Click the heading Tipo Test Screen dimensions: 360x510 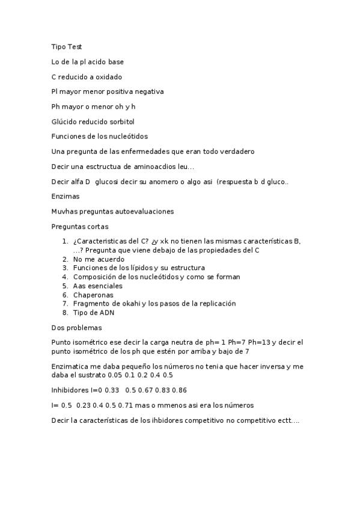click(x=67, y=46)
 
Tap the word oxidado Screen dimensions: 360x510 click(x=109, y=76)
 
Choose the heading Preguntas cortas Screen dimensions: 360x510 click(x=80, y=226)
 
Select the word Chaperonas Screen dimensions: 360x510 click(x=93, y=295)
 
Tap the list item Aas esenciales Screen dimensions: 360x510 click(x=97, y=286)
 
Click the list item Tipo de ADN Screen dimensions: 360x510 click(x=93, y=312)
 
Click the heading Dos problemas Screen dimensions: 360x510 click(x=76, y=328)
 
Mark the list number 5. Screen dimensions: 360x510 click(x=65, y=286)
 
